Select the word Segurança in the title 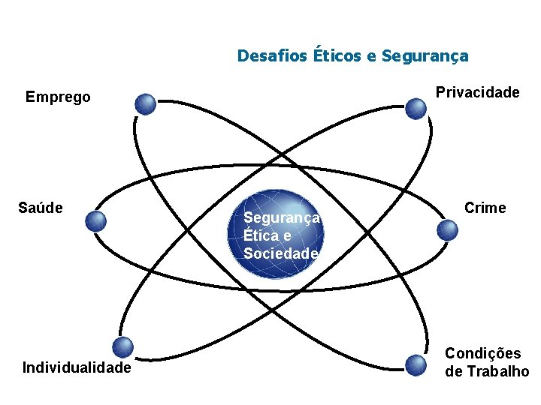425,55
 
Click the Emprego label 58,97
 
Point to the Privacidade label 478,92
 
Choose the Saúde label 41,207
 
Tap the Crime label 485,208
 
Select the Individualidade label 77,367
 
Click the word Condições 483,353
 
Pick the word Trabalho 497,371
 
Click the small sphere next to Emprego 146,103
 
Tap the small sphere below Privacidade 416,109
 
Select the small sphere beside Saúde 95,220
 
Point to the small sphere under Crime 448,229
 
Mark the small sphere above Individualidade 122,346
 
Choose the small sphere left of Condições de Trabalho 416,364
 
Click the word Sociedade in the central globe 281,253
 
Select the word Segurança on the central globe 282,217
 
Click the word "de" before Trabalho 454,371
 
